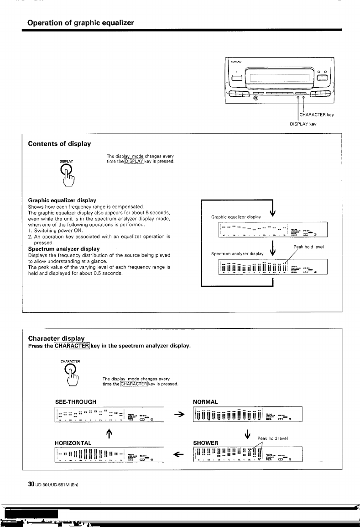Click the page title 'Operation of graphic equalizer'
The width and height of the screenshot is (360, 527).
point(80,22)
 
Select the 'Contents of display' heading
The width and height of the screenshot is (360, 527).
point(59,144)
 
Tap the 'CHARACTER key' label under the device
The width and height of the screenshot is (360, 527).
point(317,115)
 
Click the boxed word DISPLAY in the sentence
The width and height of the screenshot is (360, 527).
point(135,163)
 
